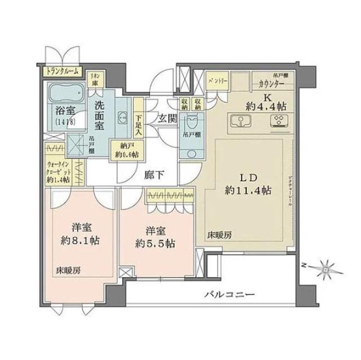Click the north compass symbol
pyautogui.click(x=324, y=268)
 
